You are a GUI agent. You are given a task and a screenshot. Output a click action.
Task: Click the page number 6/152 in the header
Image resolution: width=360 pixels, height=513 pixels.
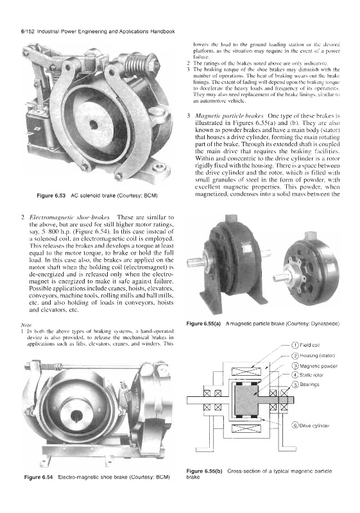point(28,31)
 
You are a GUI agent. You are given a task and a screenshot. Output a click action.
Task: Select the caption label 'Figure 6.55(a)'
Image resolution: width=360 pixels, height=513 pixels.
point(203,324)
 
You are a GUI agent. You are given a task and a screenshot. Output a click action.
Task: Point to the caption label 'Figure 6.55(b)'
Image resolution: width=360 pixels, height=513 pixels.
point(204,471)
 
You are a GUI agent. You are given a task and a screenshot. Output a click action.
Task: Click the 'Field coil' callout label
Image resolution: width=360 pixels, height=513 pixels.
point(309,345)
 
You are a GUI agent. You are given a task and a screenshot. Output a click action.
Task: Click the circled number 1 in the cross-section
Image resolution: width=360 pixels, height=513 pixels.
point(295,345)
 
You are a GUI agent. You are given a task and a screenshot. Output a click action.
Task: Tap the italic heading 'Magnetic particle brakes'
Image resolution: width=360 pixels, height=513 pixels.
point(229,116)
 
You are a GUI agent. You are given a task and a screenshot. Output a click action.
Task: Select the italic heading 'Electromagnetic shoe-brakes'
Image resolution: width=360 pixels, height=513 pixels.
point(70,217)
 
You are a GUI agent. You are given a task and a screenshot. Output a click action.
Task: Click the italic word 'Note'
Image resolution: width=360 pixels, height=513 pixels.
point(26,325)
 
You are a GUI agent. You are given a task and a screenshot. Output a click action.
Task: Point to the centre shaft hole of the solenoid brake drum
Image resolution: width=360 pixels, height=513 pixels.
point(94,124)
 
